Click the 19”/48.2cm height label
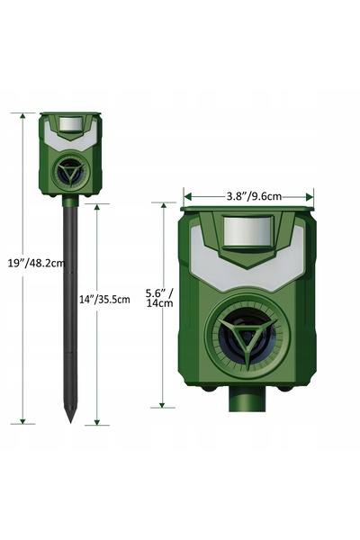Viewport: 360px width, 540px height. pyautogui.click(x=36, y=264)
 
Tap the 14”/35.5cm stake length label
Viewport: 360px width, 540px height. pyautogui.click(x=104, y=300)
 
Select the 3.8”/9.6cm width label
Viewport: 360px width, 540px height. pyautogui.click(x=254, y=196)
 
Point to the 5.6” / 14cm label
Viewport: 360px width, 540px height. pyautogui.click(x=159, y=298)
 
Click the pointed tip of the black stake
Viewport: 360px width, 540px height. pyautogui.click(x=70, y=421)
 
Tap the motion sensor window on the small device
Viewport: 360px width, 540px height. pyautogui.click(x=71, y=124)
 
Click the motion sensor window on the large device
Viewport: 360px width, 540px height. pyautogui.click(x=248, y=230)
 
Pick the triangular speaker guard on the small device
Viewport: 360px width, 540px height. pyautogui.click(x=70, y=172)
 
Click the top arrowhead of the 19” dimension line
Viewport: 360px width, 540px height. pyautogui.click(x=22, y=116)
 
